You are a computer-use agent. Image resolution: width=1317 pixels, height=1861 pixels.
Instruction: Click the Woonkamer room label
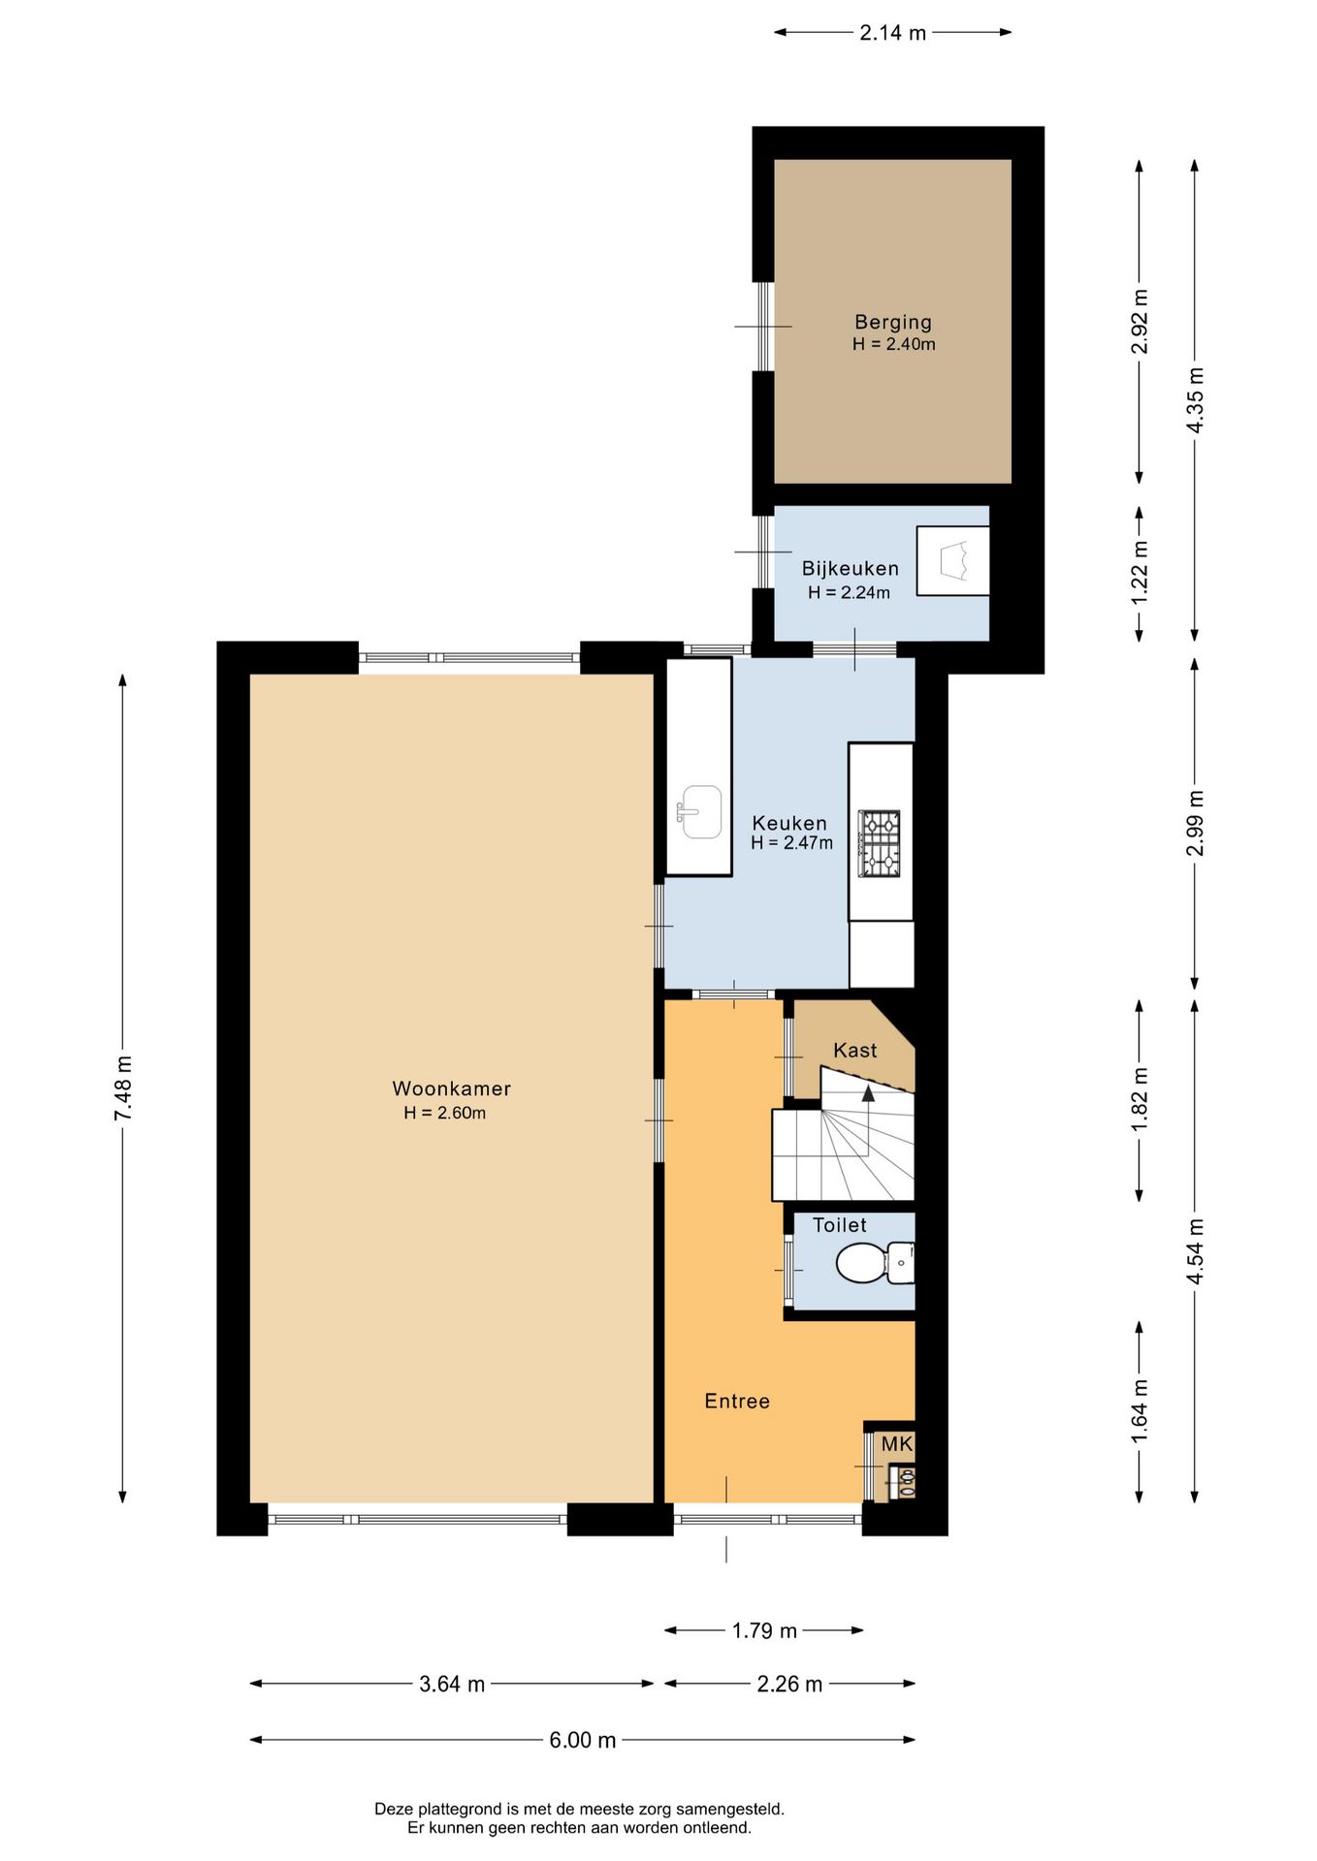[451, 1088]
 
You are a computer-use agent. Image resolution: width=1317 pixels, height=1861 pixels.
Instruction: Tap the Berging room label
[893, 322]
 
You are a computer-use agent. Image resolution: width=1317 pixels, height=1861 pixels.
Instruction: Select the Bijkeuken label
[851, 569]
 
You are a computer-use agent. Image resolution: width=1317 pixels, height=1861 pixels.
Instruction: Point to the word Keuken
[789, 823]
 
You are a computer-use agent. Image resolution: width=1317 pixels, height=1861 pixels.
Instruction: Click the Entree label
[737, 1401]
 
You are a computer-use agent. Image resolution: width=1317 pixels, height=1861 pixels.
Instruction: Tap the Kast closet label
[855, 1050]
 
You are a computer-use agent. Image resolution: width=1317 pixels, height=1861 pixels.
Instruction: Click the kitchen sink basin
[699, 811]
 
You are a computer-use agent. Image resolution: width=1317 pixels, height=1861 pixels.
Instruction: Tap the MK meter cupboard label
[897, 1444]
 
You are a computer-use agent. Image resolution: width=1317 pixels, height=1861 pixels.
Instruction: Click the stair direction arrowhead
[868, 1093]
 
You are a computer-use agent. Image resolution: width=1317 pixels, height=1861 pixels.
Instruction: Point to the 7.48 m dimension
[123, 1088]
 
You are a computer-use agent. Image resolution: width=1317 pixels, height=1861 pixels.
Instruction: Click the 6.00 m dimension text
[583, 1740]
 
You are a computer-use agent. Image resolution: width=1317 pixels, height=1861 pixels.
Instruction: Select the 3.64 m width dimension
[452, 1684]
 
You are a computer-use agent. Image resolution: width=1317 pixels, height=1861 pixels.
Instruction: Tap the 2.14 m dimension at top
[893, 32]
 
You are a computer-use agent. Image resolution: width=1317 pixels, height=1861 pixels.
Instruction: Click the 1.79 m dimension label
[764, 1630]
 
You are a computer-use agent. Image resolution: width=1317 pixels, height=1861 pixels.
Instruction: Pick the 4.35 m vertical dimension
[1195, 399]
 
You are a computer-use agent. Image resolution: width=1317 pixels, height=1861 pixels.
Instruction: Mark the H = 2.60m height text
[445, 1113]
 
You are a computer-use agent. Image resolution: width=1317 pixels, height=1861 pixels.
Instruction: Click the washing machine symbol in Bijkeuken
[953, 560]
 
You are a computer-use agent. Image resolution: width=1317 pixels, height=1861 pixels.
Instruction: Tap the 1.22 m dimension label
[1140, 573]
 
